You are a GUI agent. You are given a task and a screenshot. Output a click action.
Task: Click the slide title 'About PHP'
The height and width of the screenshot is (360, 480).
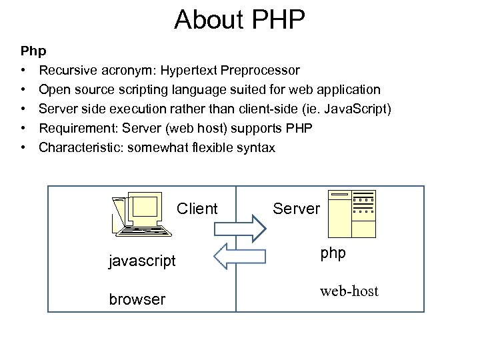(239, 20)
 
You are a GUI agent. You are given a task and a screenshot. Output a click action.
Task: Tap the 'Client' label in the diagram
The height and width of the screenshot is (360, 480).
(197, 209)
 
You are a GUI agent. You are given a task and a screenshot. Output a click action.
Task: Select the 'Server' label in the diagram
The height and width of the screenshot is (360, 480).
(297, 209)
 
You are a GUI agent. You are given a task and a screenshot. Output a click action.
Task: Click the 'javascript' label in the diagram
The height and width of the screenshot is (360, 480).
(142, 261)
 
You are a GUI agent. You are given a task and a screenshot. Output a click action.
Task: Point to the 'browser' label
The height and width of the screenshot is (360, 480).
(137, 299)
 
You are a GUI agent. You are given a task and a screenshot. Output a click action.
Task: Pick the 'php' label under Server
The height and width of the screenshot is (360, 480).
(333, 254)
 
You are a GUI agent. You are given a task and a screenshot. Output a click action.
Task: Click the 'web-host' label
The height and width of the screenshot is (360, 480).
(349, 291)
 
